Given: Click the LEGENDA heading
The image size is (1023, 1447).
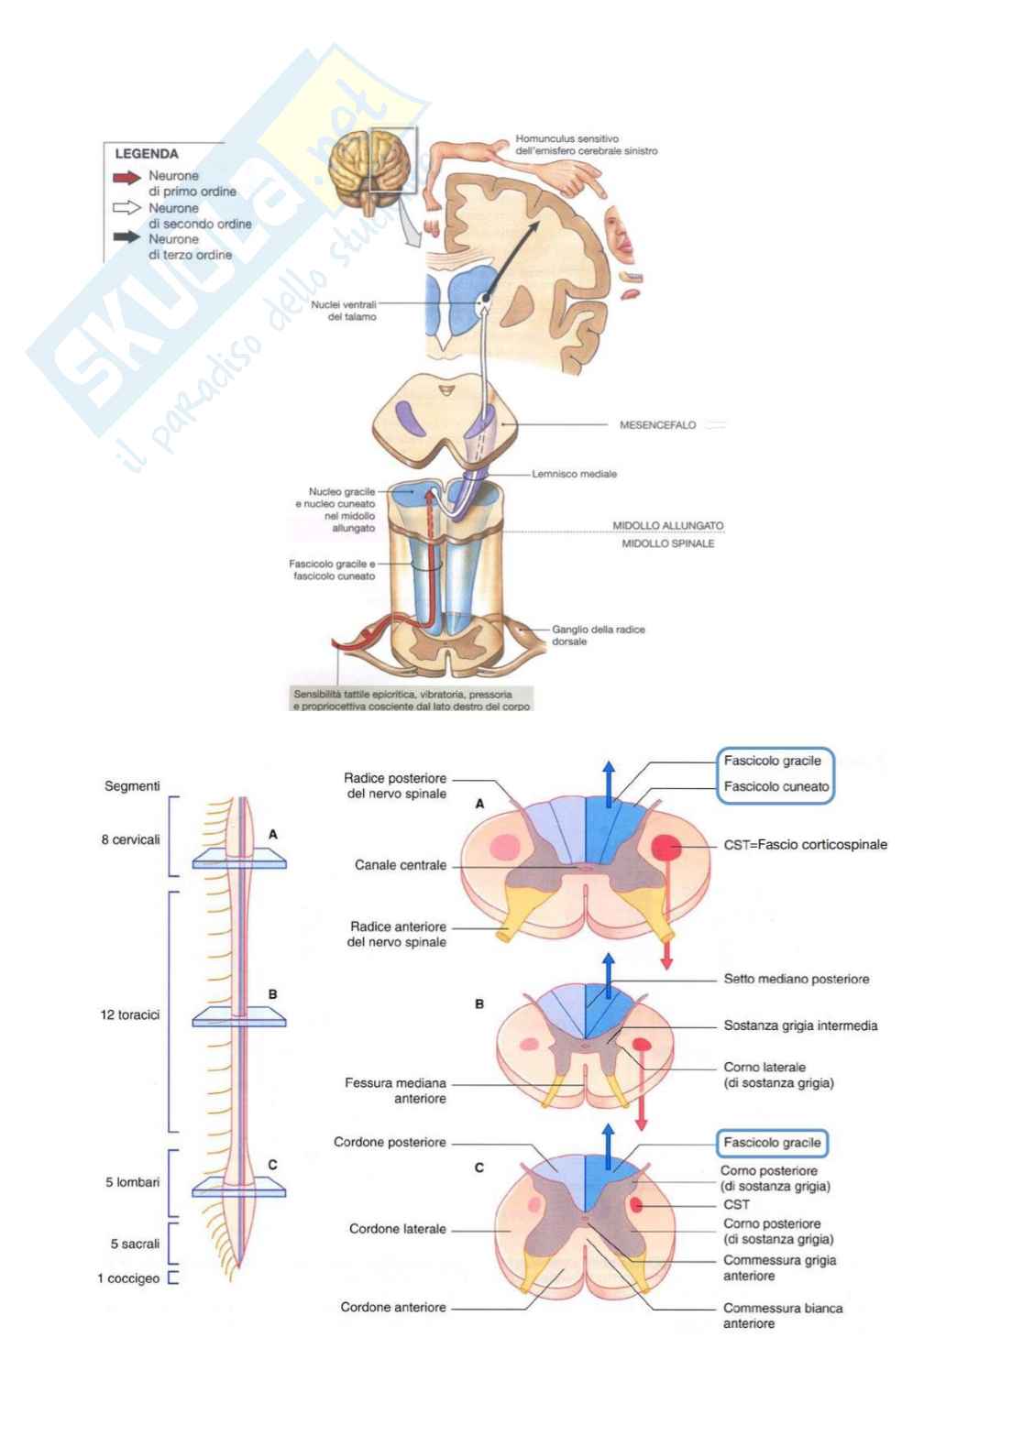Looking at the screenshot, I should pyautogui.click(x=147, y=154).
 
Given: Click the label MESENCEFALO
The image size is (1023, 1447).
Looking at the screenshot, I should pyautogui.click(x=657, y=425).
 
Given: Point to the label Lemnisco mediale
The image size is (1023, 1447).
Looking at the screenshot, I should pyautogui.click(x=574, y=474).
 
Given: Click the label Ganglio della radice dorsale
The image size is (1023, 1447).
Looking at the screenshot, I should pyautogui.click(x=598, y=635).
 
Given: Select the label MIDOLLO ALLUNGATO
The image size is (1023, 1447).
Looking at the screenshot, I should pyautogui.click(x=667, y=526).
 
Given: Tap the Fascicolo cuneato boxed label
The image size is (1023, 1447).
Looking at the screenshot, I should pyautogui.click(x=775, y=786).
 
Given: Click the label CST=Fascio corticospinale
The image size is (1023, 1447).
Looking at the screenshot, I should pyautogui.click(x=805, y=845).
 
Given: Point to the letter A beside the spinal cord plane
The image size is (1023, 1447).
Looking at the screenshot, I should pyautogui.click(x=273, y=835).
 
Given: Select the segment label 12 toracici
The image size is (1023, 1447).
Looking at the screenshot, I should pyautogui.click(x=129, y=1014).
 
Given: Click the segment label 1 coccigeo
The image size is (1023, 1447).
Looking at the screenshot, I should pyautogui.click(x=128, y=1278).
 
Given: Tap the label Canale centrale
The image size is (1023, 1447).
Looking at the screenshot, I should pyautogui.click(x=401, y=865).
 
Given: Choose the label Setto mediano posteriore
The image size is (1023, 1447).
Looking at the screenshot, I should pyautogui.click(x=796, y=979).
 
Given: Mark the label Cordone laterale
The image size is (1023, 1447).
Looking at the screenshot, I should pyautogui.click(x=397, y=1229).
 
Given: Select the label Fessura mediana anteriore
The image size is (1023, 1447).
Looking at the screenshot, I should pyautogui.click(x=395, y=1091).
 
